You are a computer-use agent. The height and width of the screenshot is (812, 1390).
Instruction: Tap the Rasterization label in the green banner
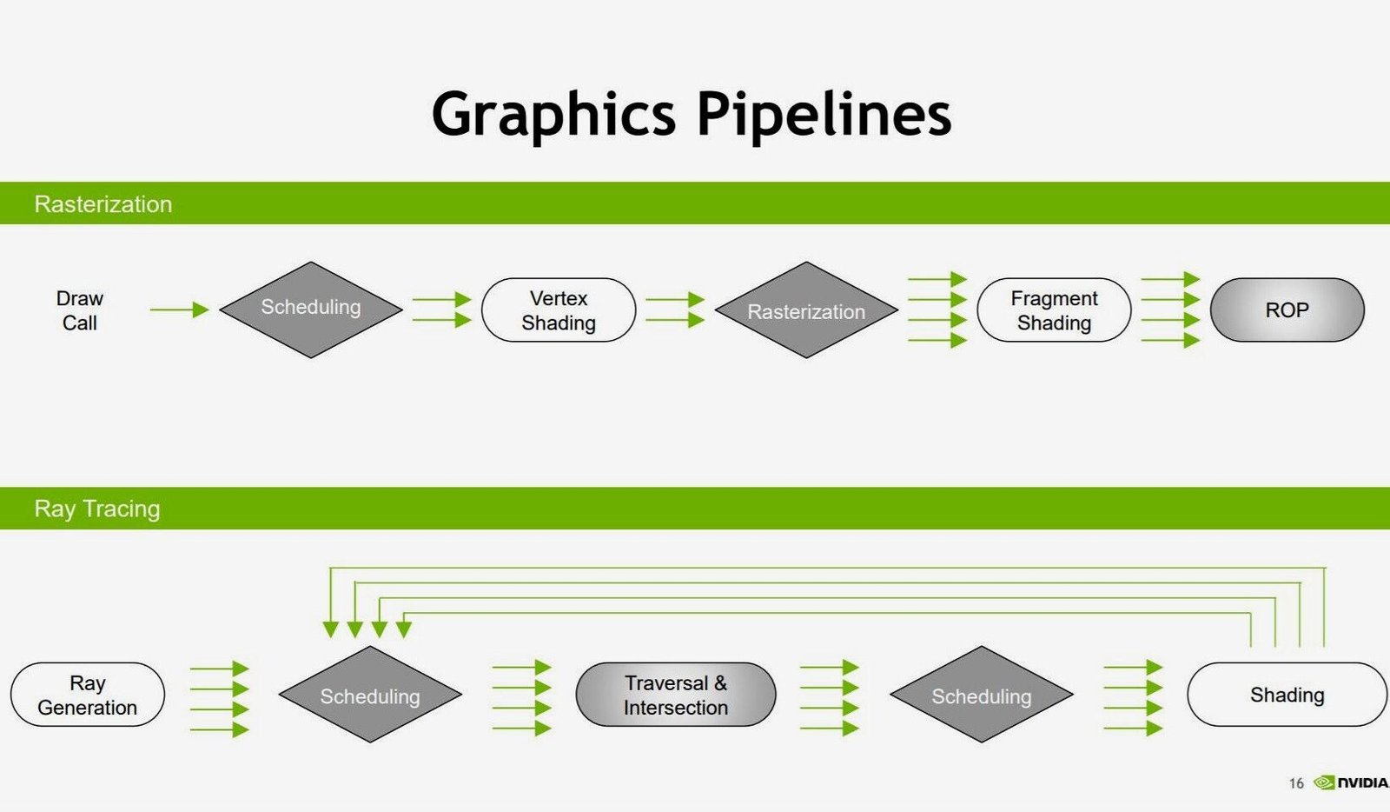pyautogui.click(x=103, y=204)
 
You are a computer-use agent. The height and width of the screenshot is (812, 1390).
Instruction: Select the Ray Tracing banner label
pyautogui.click(x=96, y=509)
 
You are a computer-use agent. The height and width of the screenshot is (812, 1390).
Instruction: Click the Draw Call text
pyautogui.click(x=79, y=310)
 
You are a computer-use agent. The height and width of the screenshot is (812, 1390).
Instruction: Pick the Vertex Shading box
pyautogui.click(x=559, y=310)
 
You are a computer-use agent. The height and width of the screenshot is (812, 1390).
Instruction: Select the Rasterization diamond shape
pyautogui.click(x=806, y=310)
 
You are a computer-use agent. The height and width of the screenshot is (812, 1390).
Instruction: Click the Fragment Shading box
pyautogui.click(x=1054, y=310)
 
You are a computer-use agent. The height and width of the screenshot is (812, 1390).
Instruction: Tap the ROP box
pyautogui.click(x=1287, y=310)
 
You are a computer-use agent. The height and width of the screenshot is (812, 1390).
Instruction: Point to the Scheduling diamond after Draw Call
pyautogui.click(x=311, y=309)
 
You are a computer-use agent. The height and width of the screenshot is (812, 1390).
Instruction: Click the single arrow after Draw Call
pyautogui.click(x=179, y=309)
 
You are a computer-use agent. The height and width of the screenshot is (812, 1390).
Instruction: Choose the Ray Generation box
pyautogui.click(x=87, y=695)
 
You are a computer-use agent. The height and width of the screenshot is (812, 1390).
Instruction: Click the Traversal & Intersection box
pyautogui.click(x=675, y=695)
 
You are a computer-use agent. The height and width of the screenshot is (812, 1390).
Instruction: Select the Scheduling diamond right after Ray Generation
pyautogui.click(x=370, y=695)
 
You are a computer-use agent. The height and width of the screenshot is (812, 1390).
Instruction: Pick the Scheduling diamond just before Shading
pyautogui.click(x=981, y=695)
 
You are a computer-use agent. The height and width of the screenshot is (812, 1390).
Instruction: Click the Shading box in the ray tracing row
pyautogui.click(x=1287, y=695)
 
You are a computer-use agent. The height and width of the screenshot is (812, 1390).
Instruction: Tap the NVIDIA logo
pyautogui.click(x=1352, y=782)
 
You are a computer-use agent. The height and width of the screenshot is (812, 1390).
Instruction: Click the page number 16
pyautogui.click(x=1296, y=783)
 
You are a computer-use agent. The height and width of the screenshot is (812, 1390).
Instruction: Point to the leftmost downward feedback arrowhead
pyautogui.click(x=330, y=629)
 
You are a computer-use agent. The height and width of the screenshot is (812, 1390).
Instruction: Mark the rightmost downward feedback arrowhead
pyautogui.click(x=403, y=629)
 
